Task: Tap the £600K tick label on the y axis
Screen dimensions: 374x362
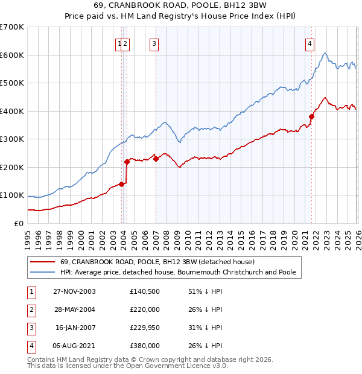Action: (x=11, y=55)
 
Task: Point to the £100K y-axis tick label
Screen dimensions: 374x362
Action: (x=11, y=195)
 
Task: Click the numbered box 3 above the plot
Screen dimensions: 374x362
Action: (x=154, y=43)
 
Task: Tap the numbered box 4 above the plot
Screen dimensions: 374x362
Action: (x=310, y=43)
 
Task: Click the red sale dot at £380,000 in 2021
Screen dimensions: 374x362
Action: (x=311, y=116)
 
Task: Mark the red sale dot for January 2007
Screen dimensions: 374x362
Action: (x=156, y=159)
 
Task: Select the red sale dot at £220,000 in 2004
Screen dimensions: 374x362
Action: (x=127, y=162)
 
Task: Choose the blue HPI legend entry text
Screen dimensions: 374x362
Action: (x=178, y=272)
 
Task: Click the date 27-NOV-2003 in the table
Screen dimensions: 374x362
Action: (x=74, y=291)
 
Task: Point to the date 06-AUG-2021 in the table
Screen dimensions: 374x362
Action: (x=74, y=346)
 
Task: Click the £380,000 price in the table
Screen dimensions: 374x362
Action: (x=144, y=346)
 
